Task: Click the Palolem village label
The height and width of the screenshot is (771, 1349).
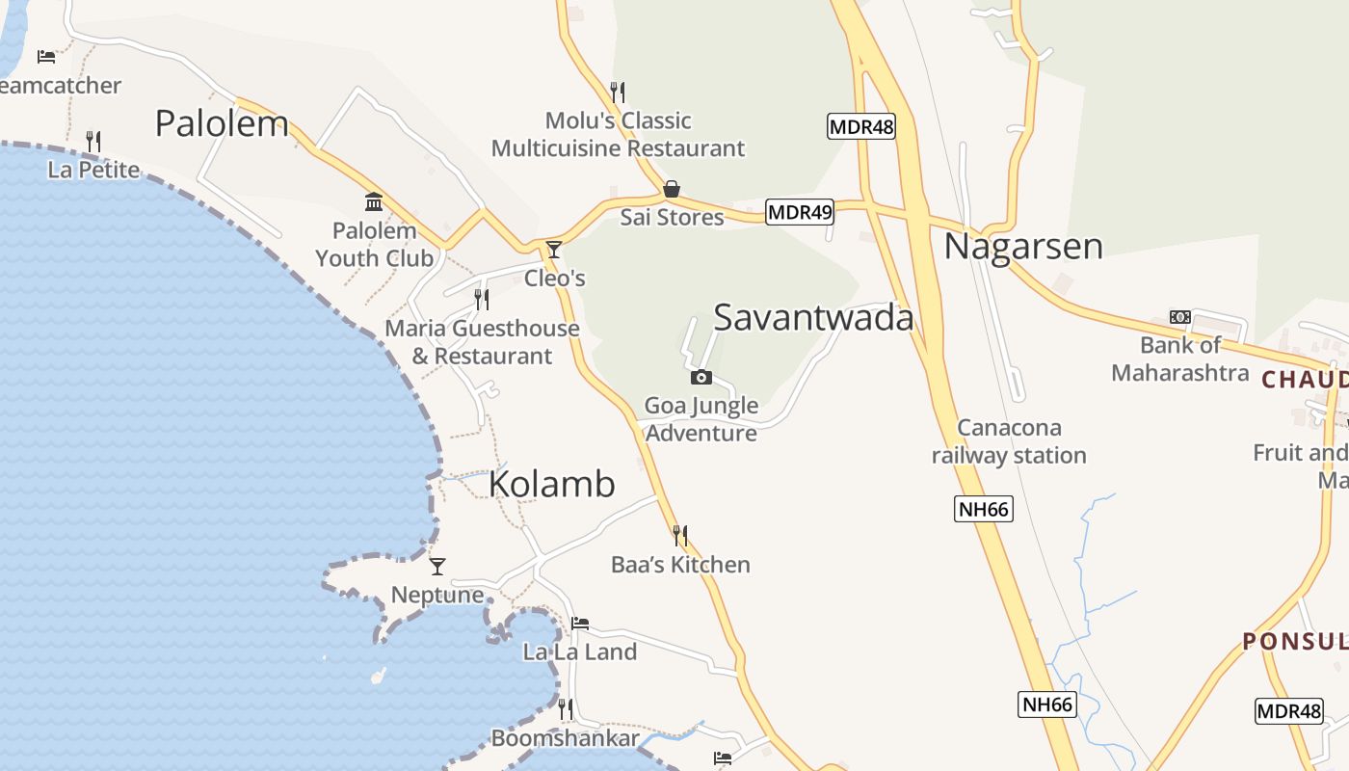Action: point(222,123)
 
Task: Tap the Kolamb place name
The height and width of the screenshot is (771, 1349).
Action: point(551,484)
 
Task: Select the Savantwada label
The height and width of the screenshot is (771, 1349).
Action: point(813,317)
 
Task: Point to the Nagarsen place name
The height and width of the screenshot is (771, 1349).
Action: point(1022,247)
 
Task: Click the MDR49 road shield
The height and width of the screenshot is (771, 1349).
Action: point(800,212)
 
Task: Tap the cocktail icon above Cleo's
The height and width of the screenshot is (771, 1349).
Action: point(554,250)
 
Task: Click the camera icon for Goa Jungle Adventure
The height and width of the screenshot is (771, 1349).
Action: point(701,377)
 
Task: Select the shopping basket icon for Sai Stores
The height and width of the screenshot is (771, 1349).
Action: point(672,189)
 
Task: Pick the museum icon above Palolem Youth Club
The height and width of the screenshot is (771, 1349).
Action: point(374,202)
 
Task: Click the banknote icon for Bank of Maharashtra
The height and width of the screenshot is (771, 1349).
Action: point(1179,317)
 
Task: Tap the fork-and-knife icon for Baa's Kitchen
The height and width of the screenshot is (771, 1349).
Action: point(680,535)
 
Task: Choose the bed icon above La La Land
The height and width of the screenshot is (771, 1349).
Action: point(580,624)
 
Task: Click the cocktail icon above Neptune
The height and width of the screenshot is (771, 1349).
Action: point(437,566)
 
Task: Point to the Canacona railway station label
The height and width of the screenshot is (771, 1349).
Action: point(1009,441)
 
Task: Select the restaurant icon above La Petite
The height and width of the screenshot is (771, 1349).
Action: point(93,142)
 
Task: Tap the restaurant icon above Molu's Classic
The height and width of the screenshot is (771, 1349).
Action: point(618,93)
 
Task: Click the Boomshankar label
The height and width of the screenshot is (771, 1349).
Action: point(565,738)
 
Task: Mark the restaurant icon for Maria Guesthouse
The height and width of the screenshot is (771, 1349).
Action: point(482,300)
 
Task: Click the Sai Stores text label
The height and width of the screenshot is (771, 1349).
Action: point(672,217)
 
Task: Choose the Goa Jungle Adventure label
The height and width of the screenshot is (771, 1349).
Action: point(701,419)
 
